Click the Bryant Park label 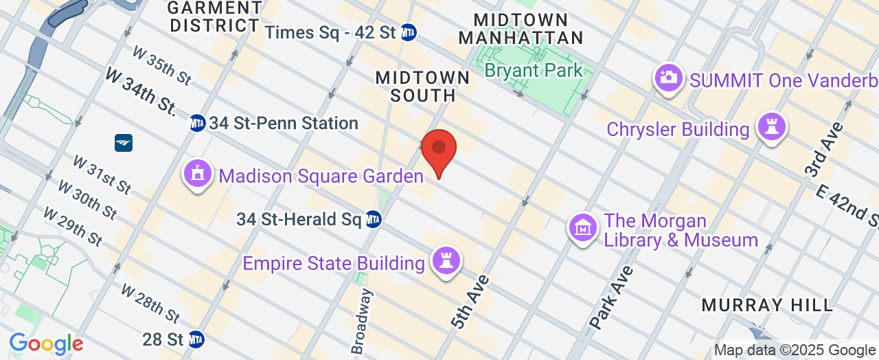(534, 70)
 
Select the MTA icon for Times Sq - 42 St (409, 32)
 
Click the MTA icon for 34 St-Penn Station (197, 123)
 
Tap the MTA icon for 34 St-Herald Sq (373, 220)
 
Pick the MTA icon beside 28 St (196, 339)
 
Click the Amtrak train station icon (124, 143)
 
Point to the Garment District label (215, 16)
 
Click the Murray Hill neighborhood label (767, 304)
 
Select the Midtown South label (422, 87)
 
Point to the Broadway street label (362, 322)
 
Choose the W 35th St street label (162, 66)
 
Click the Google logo (46, 344)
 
